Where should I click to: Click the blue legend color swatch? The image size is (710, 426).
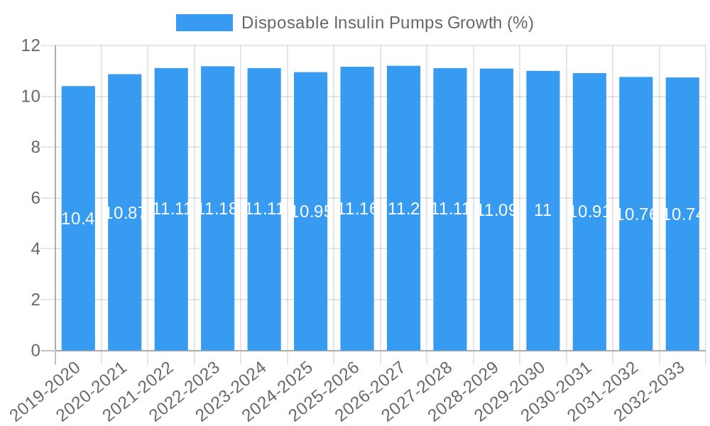(x=204, y=23)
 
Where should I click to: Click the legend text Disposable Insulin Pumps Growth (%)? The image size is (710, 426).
(x=387, y=23)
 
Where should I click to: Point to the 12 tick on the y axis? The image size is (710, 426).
(x=31, y=46)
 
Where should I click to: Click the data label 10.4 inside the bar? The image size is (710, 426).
(x=78, y=219)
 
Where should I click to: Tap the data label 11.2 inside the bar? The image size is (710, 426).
(x=403, y=209)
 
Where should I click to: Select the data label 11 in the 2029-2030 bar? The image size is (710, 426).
(x=542, y=210)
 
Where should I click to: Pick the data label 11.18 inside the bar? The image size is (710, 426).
(x=217, y=209)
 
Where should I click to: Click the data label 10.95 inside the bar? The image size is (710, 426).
(x=311, y=212)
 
